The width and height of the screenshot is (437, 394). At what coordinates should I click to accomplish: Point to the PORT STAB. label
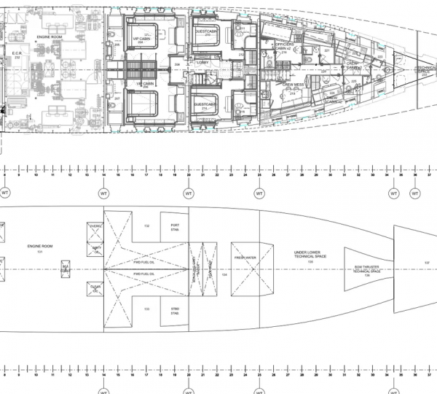(x=175, y=226)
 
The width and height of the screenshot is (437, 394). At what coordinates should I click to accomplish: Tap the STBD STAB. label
(x=175, y=312)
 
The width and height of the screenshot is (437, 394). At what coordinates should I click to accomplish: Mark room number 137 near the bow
(x=427, y=261)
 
